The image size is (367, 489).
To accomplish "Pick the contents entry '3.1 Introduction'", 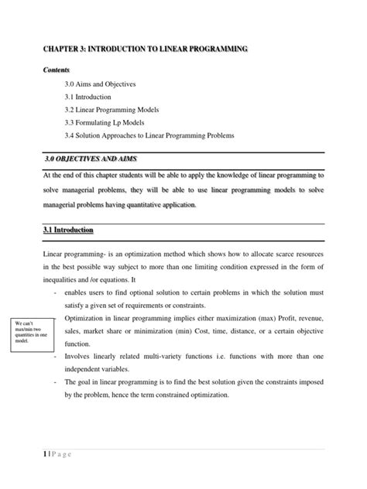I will tap(87, 97).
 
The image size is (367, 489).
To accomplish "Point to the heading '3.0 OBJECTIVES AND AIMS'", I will tap(85, 159).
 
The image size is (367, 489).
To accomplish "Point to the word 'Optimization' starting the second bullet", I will tap(85, 320).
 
